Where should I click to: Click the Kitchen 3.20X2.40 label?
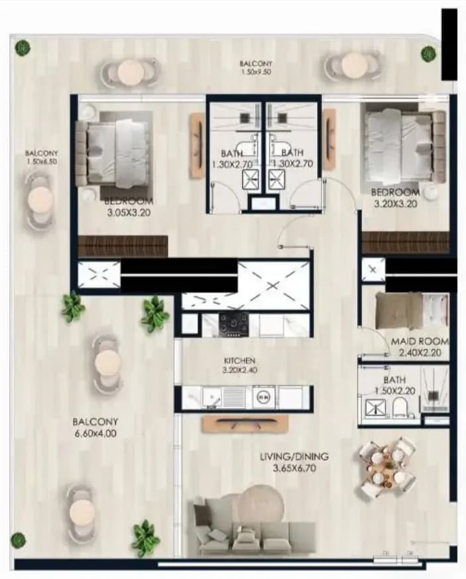(239, 365)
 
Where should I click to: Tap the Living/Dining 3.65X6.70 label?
(294, 462)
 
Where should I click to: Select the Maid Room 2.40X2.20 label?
(420, 347)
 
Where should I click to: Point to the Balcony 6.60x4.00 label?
(95, 428)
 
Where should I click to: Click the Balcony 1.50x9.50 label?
(256, 68)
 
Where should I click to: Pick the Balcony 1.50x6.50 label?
(41, 157)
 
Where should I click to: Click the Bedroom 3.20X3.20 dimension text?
(396, 204)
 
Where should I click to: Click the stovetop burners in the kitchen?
(233, 324)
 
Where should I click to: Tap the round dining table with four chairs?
(386, 468)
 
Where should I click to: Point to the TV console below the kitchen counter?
(245, 424)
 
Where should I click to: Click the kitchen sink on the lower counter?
(211, 398)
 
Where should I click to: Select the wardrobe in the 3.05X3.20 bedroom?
(123, 246)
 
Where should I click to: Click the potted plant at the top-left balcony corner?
(22, 47)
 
